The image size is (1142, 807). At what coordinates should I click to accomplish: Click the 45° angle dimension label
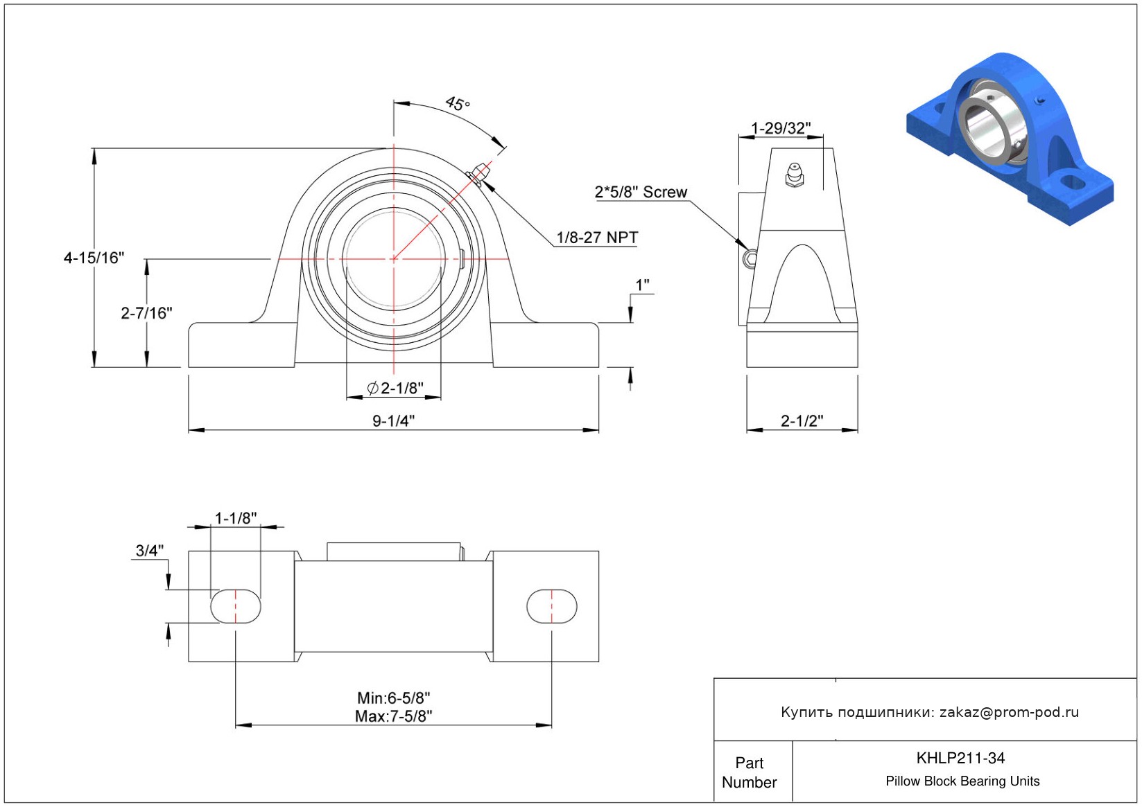tap(458, 104)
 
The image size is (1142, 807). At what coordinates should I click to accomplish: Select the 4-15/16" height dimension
tap(94, 258)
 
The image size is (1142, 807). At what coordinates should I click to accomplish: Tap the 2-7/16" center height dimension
tap(147, 313)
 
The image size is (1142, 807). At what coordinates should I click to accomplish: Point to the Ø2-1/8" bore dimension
tap(395, 388)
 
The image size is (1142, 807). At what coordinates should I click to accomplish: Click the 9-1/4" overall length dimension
tap(394, 421)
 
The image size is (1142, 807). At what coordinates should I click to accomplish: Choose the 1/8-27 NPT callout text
tap(597, 238)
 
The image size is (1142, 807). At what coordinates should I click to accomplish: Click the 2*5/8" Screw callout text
tap(641, 192)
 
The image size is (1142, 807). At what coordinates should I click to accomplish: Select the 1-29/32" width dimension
tap(781, 128)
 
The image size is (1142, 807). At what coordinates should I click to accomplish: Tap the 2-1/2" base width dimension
tap(802, 421)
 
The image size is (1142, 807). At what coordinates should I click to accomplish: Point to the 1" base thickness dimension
tap(642, 285)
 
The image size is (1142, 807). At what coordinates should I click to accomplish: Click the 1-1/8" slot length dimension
tap(236, 518)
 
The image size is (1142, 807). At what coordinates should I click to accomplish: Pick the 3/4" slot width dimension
tap(149, 550)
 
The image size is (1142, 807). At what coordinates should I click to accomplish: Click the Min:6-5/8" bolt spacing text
tap(394, 698)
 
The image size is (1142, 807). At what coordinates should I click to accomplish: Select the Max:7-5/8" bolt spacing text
tap(394, 716)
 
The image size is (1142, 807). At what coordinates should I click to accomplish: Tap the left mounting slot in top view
tap(236, 606)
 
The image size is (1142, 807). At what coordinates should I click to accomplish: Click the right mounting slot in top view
tap(552, 606)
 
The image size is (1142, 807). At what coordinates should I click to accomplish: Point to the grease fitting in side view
tap(795, 175)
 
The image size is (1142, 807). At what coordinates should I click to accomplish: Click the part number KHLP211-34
tap(960, 758)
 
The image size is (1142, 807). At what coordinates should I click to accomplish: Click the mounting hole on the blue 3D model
tap(1072, 181)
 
